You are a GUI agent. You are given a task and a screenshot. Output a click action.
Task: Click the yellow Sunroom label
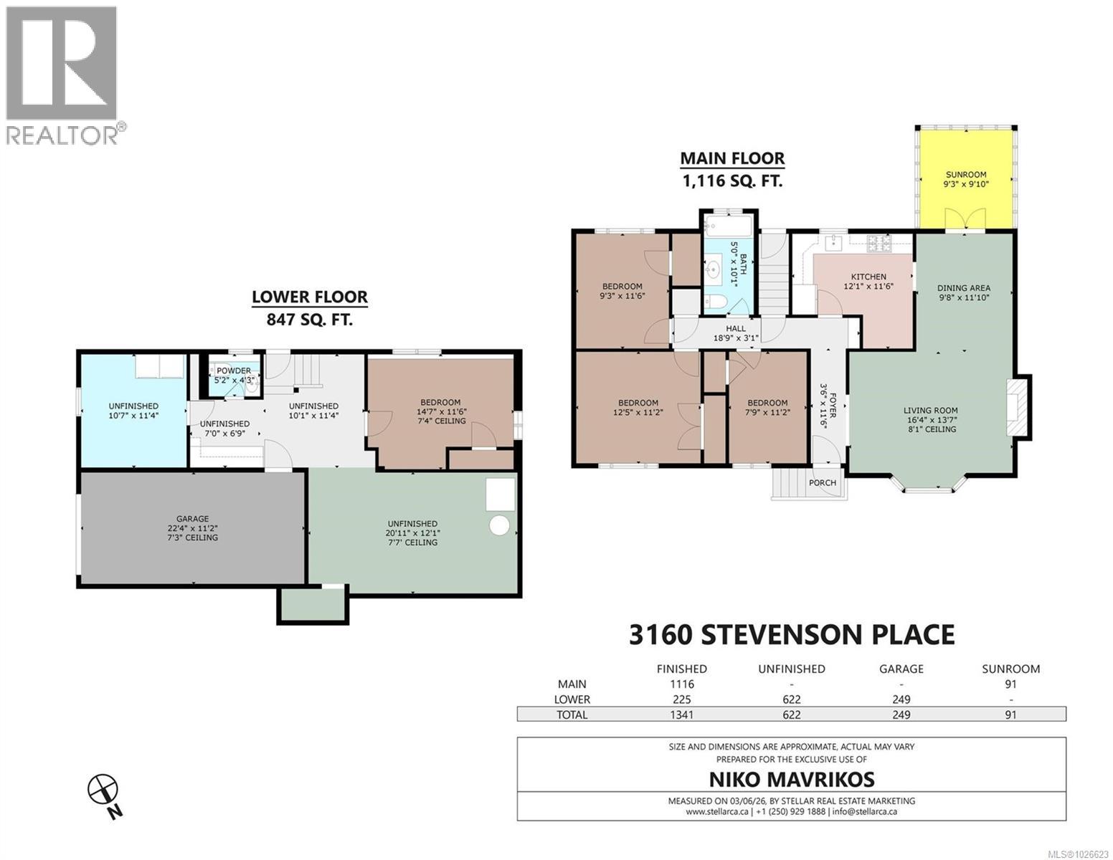(965, 174)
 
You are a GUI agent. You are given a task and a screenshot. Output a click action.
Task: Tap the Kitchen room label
(868, 277)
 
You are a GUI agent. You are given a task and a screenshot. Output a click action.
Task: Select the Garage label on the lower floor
(192, 519)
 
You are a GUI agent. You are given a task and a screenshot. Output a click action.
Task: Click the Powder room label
(234, 371)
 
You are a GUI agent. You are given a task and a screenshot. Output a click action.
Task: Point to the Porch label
(822, 482)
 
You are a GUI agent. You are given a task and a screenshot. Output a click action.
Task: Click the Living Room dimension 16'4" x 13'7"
(930, 421)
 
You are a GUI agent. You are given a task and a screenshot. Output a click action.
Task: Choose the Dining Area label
(964, 288)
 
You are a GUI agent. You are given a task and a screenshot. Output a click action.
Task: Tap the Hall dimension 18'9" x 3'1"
(735, 338)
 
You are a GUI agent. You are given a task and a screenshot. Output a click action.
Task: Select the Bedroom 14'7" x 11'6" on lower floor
(440, 411)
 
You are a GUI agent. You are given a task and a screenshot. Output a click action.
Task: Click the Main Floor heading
(731, 158)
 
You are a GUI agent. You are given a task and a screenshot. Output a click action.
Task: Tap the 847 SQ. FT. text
(309, 320)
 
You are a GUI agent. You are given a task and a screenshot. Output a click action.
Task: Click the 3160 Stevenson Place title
(791, 635)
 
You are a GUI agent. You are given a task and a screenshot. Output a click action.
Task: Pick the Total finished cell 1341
(681, 715)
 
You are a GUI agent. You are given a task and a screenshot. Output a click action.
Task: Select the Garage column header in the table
(901, 669)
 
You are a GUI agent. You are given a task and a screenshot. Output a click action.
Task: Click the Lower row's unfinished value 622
(791, 699)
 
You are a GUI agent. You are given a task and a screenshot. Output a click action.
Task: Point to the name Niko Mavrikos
(791, 779)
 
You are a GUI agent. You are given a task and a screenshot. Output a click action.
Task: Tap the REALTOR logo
(62, 75)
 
